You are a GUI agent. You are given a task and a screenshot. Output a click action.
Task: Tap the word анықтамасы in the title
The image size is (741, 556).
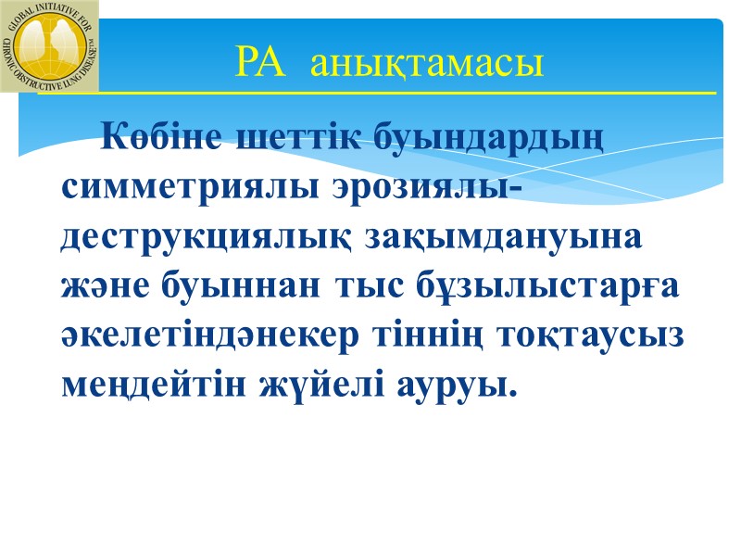(427, 65)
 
